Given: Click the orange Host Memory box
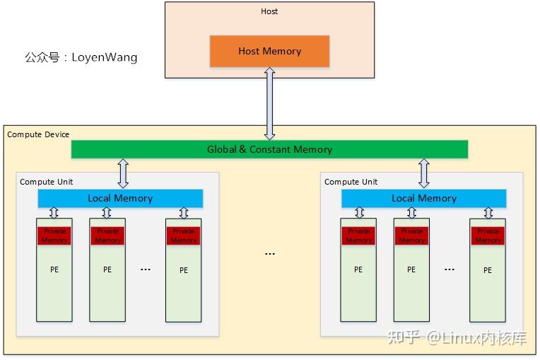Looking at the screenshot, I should coord(269,51).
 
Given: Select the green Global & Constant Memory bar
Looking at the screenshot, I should coord(269,149).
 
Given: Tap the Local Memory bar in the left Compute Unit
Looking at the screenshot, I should coord(120,198).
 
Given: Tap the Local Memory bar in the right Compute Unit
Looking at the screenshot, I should coord(424,198).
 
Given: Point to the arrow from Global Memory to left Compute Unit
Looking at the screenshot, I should coord(123,173).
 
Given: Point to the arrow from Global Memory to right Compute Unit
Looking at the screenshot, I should coord(424,173).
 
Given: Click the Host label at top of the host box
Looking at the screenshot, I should coord(269,11).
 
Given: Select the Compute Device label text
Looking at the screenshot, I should coord(38,134).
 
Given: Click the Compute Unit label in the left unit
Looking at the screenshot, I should coord(46,182).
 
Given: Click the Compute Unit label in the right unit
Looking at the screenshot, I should coord(351,182).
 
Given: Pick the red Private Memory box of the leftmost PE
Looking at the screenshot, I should coord(54,236).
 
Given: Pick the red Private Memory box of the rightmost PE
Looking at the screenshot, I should coord(488,236).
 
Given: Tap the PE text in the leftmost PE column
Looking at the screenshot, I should coord(54,269).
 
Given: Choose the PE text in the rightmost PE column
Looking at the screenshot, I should coord(488,270).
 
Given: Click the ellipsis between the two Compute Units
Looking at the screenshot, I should coord(269,253).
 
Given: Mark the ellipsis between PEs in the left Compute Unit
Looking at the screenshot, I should coord(146,269).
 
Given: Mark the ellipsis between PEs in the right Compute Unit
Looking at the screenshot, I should coord(450,269).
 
